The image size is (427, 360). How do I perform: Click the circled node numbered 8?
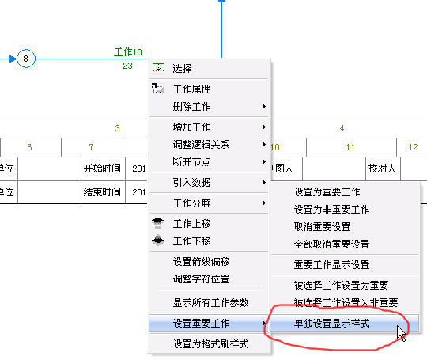tap(26, 59)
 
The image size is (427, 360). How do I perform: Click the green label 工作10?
tap(128, 52)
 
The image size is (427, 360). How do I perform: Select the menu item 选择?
tap(182, 68)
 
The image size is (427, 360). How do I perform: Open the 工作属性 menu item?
tap(191, 89)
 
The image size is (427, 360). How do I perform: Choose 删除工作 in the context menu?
tap(191, 107)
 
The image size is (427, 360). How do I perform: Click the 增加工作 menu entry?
tap(191, 127)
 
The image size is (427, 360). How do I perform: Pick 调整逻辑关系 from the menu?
tap(202, 145)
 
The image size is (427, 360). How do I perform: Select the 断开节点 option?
tap(191, 162)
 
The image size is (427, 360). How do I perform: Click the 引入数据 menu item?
tap(191, 182)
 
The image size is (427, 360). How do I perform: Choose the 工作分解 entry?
tap(191, 203)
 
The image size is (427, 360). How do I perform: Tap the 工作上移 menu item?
tap(191, 224)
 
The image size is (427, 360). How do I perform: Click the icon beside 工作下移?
tap(158, 241)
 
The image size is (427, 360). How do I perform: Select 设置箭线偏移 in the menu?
tap(202, 262)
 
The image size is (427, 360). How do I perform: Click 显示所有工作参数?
tap(211, 303)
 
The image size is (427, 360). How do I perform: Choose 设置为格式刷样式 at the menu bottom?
tap(211, 344)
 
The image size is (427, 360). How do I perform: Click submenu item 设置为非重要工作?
tap(331, 210)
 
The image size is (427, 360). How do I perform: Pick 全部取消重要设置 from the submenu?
tap(331, 244)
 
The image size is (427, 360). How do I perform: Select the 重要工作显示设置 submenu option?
tap(331, 264)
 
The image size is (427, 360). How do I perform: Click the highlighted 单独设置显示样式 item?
tap(331, 324)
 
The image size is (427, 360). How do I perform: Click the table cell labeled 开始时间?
tap(102, 169)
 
